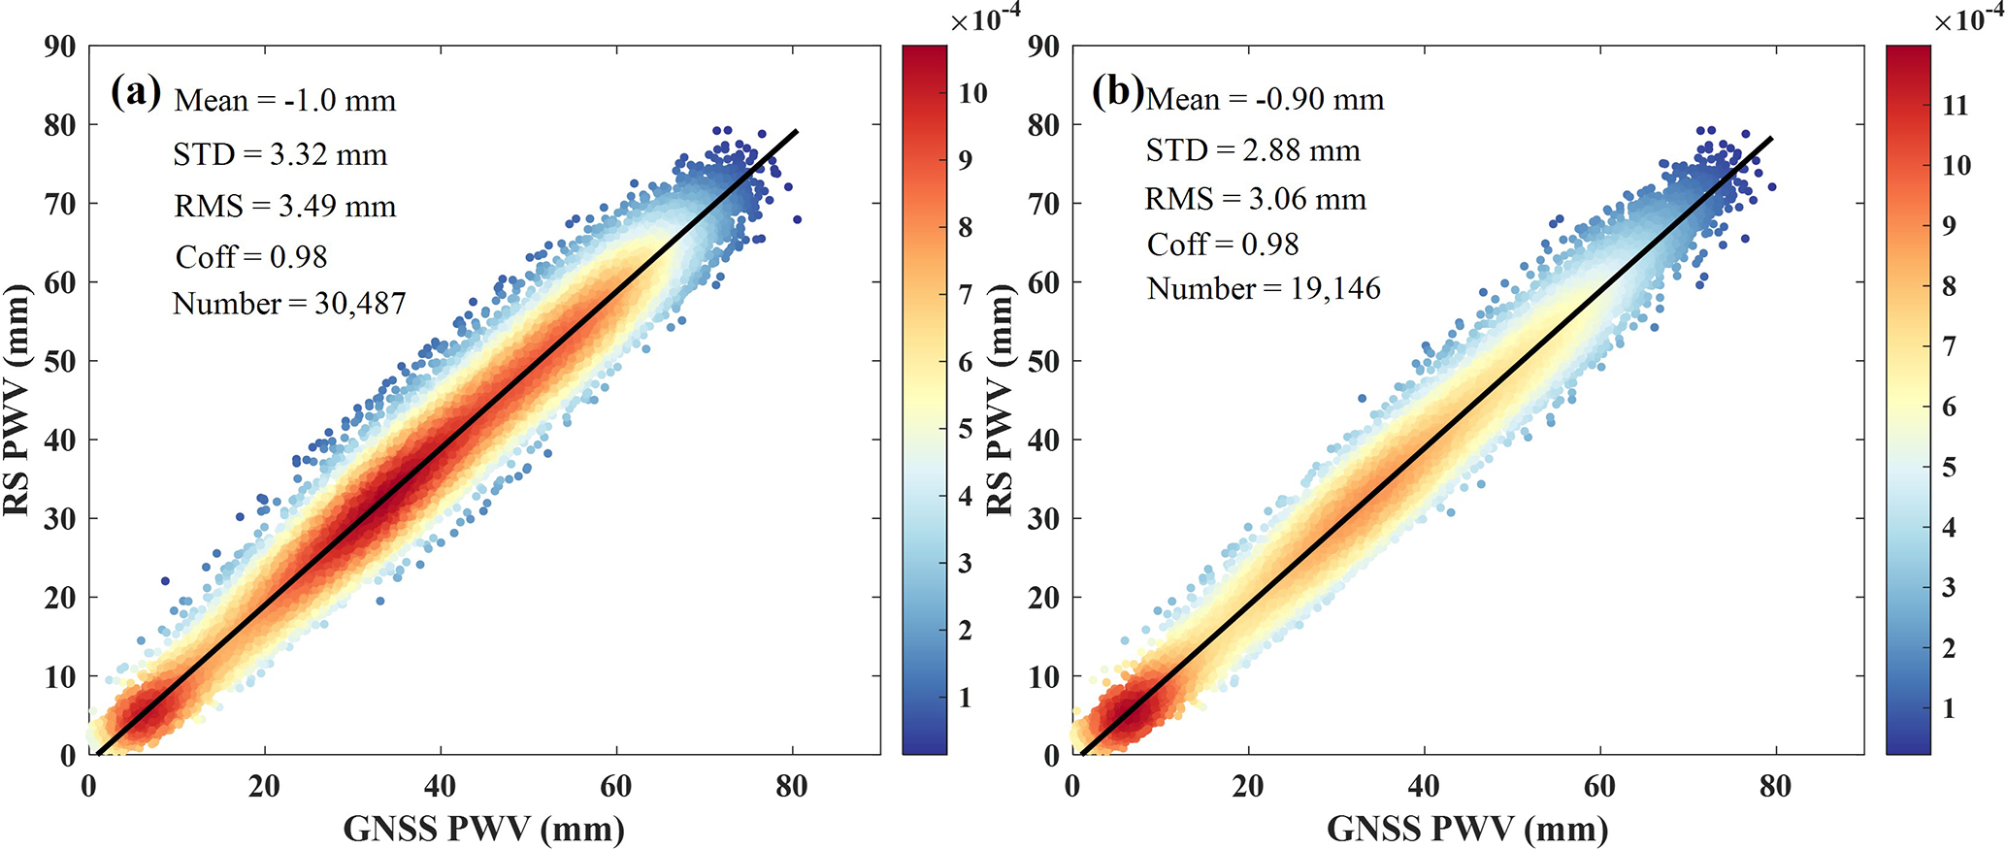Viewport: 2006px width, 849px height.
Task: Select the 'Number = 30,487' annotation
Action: tap(289, 304)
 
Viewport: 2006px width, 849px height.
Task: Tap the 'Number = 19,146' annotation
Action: tap(1264, 288)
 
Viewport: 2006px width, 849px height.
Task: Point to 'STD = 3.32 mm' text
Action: tap(280, 154)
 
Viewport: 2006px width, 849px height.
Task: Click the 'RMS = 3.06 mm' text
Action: tap(1255, 199)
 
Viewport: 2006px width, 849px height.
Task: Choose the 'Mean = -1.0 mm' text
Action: tap(285, 101)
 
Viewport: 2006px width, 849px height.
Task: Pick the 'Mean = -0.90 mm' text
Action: tap(1266, 99)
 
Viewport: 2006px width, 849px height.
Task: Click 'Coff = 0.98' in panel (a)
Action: tap(251, 257)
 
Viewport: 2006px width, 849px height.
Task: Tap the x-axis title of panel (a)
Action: tap(484, 829)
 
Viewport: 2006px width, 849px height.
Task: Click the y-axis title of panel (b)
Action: tap(1000, 400)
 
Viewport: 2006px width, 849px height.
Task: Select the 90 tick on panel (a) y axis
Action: tap(60, 47)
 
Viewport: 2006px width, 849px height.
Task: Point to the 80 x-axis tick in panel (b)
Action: tap(1775, 786)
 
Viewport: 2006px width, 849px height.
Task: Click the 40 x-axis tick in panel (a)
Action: tap(440, 786)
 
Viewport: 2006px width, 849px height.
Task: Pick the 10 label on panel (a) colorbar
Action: tap(972, 93)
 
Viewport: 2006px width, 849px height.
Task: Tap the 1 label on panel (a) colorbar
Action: tap(966, 698)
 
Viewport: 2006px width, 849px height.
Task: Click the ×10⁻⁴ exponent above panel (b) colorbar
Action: tap(1968, 18)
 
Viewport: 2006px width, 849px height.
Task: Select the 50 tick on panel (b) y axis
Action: tap(1043, 361)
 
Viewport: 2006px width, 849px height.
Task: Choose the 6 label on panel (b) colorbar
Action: tap(1949, 408)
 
